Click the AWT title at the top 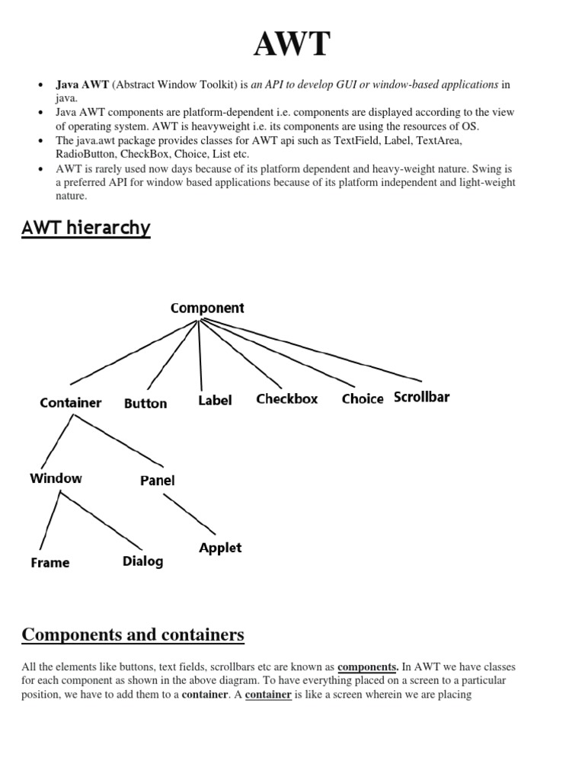click(292, 45)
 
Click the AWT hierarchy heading click(86, 228)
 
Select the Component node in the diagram click(207, 308)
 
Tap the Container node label click(71, 402)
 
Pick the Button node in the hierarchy click(145, 403)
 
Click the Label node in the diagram click(215, 400)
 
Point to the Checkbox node click(287, 398)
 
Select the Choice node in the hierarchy click(363, 399)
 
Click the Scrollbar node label click(421, 397)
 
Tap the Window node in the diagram click(56, 478)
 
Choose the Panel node click(158, 481)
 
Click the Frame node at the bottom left click(50, 563)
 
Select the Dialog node click(142, 561)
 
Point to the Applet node click(220, 548)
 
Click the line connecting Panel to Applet click(190, 513)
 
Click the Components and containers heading click(133, 635)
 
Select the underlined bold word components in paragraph click(368, 667)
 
